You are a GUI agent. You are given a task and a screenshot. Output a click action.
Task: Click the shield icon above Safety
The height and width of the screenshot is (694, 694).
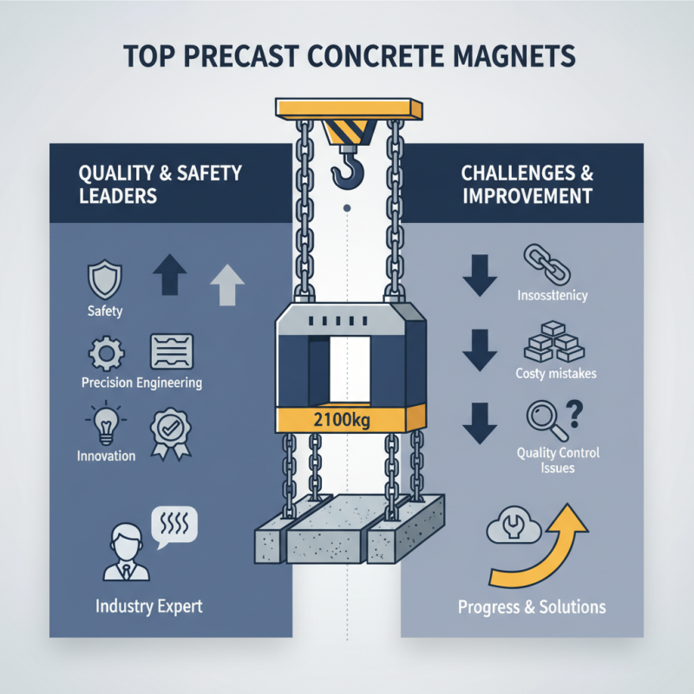103,279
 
